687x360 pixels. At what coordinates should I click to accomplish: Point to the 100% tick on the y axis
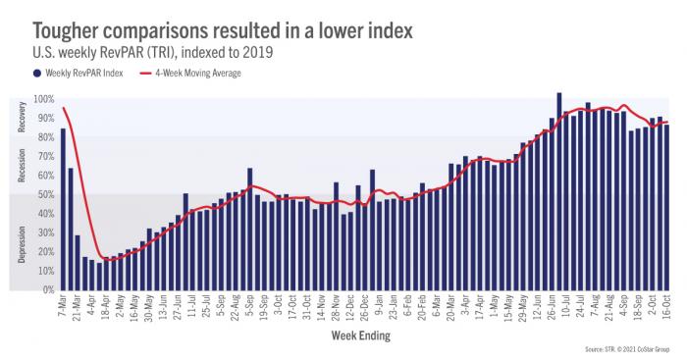coord(44,99)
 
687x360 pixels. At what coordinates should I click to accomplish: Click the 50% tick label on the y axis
coord(46,194)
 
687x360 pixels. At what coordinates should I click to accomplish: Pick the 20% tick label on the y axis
coord(46,251)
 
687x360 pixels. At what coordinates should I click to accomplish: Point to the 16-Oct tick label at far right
coord(665,306)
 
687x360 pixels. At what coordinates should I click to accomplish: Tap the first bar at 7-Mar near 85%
coord(63,209)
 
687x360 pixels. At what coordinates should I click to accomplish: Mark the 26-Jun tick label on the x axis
coord(552,306)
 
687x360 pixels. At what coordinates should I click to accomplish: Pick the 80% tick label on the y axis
coord(46,137)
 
